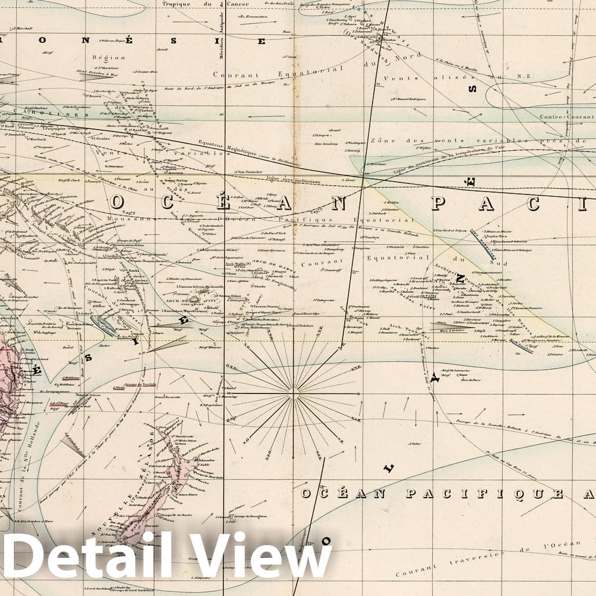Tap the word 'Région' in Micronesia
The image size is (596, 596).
[x=108, y=57]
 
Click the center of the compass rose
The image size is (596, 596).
[x=295, y=393]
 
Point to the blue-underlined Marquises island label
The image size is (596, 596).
[x=483, y=242]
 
